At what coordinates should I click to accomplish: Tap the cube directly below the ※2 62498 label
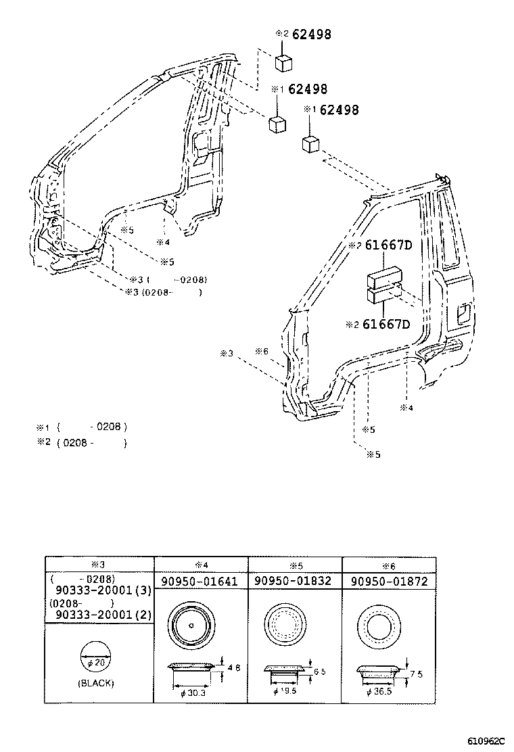tap(283, 62)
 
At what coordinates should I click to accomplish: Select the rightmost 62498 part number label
tap(339, 110)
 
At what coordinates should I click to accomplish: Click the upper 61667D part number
tap(388, 246)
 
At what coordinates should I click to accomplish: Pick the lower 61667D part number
tap(386, 325)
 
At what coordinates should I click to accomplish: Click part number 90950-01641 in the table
tap(200, 582)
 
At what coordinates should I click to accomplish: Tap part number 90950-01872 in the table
tap(389, 582)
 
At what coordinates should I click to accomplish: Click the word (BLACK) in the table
tap(95, 683)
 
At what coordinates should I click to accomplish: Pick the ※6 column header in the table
tap(388, 565)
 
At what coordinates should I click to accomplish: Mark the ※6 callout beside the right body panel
tap(262, 352)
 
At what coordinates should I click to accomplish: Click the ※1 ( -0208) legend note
tap(81, 427)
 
